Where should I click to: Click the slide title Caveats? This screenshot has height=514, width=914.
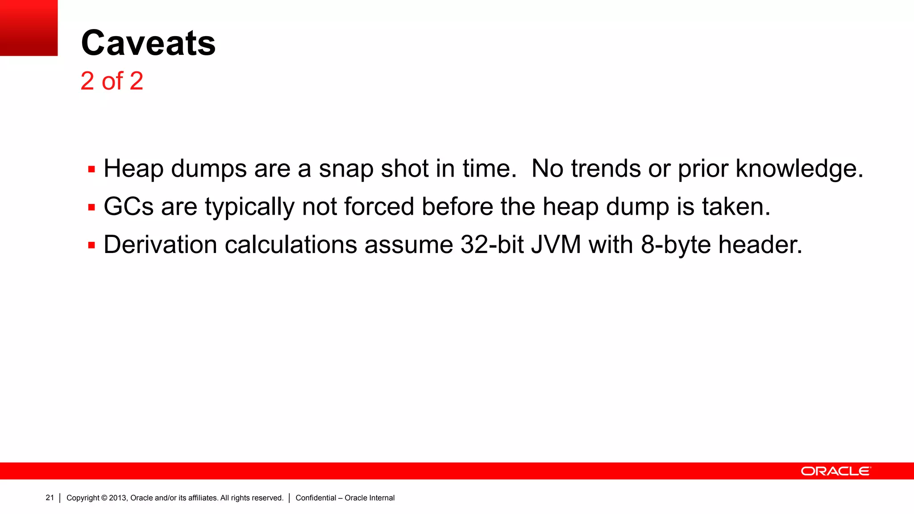pos(148,43)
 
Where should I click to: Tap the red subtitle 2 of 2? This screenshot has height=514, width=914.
pos(112,81)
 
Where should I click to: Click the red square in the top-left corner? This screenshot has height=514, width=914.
pos(29,28)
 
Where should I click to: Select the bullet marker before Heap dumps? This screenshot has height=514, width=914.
pos(91,170)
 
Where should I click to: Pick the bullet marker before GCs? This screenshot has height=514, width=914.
pos(91,207)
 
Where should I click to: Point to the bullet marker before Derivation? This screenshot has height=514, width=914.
pos(91,245)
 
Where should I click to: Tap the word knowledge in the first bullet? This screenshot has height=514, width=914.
pos(799,169)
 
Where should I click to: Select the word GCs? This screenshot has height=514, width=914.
pos(129,207)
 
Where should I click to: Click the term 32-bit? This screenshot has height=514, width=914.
pos(492,245)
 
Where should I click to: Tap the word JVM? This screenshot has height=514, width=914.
pos(556,245)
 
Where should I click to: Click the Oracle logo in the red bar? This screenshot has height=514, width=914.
pos(835,471)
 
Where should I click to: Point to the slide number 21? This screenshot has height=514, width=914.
pos(50,497)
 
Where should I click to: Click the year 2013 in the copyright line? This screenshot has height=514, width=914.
pos(118,498)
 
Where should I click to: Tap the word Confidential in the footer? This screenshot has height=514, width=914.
pos(316,498)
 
